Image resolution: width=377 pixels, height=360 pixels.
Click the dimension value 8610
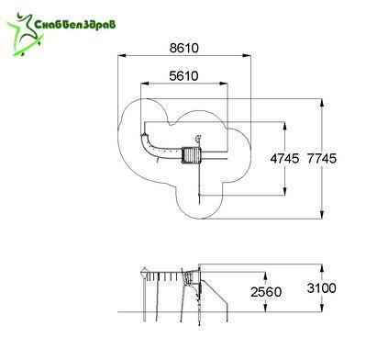(183, 48)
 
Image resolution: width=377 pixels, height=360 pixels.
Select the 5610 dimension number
(183, 76)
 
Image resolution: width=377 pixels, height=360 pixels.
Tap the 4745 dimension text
(284, 159)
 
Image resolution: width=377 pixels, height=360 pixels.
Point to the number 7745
(322, 159)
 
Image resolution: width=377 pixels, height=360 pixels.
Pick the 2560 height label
(266, 292)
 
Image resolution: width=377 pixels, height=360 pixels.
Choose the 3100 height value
(322, 288)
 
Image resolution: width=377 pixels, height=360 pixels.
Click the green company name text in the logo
(75, 24)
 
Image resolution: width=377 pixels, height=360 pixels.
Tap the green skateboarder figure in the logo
(26, 34)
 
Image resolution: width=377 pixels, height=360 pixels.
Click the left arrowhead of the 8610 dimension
(122, 55)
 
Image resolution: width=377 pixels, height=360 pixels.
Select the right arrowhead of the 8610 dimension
(247, 55)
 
